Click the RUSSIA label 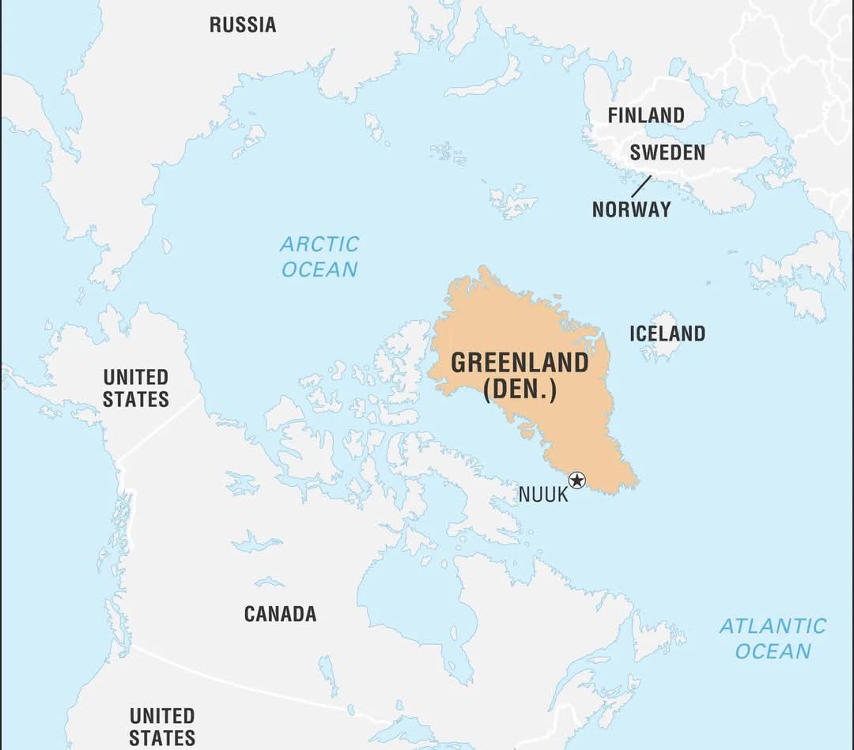click(x=243, y=25)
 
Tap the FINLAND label click(x=645, y=115)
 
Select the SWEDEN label click(x=667, y=153)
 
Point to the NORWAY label click(x=631, y=209)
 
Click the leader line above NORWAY click(x=641, y=187)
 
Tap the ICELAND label click(x=667, y=334)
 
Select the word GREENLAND click(x=520, y=363)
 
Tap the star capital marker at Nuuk click(x=577, y=480)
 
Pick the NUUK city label click(x=543, y=496)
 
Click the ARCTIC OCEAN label click(x=319, y=256)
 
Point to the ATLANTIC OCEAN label click(x=773, y=639)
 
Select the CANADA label click(x=280, y=614)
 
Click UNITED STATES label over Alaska click(x=135, y=388)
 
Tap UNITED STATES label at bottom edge click(x=162, y=726)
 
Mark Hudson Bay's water click(x=411, y=585)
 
